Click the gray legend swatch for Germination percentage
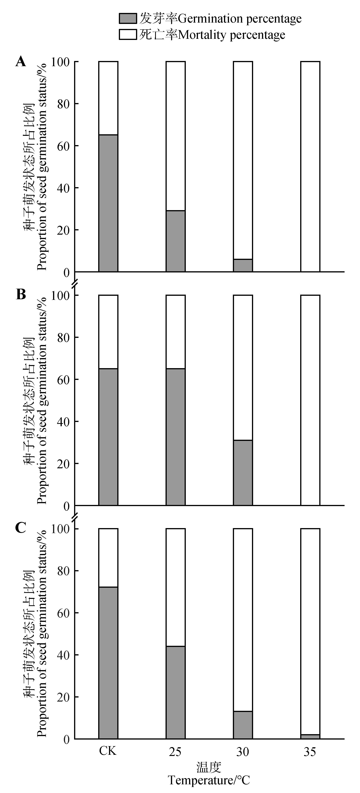pyautogui.click(x=128, y=19)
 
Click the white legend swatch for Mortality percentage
pyautogui.click(x=128, y=35)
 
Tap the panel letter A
pyautogui.click(x=21, y=62)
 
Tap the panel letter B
pyautogui.click(x=21, y=295)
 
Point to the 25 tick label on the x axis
pyautogui.click(x=175, y=752)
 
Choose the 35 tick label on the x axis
pyautogui.click(x=310, y=752)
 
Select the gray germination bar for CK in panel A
pyautogui.click(x=108, y=203)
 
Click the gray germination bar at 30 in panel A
pyautogui.click(x=243, y=265)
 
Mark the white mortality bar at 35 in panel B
pyautogui.click(x=310, y=400)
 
